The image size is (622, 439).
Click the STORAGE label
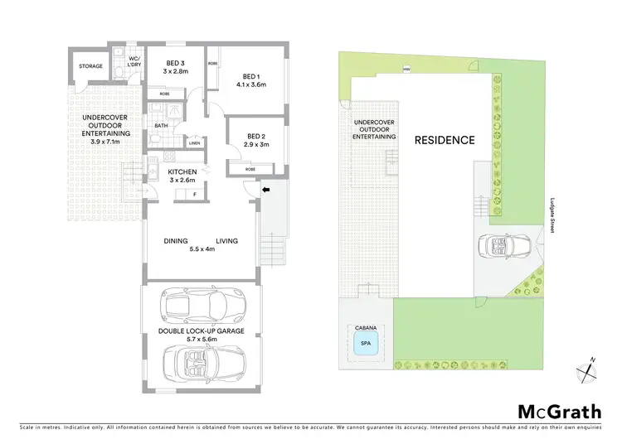90,66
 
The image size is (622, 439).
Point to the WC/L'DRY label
133,61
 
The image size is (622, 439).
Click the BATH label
161,126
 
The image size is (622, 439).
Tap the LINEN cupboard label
195,143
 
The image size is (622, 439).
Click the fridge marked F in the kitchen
194,195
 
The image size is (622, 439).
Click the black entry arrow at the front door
266,191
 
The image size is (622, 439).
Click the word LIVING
227,241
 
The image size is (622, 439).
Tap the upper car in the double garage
202,306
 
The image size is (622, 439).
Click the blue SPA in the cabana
365,342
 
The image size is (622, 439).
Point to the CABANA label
365,327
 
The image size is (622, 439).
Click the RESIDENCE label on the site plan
445,140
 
